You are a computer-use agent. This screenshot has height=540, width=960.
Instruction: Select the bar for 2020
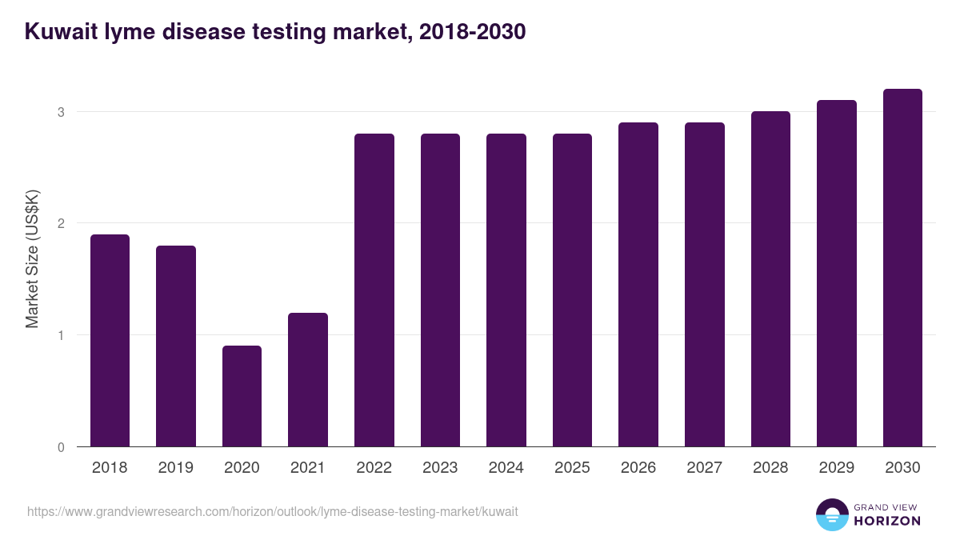(x=242, y=396)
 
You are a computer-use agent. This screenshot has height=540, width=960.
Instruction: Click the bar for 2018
(x=110, y=340)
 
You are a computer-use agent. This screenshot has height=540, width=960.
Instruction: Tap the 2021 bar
(x=308, y=379)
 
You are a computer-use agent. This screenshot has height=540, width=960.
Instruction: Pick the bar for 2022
(x=374, y=290)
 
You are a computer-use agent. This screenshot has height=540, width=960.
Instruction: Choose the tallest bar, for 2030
(x=902, y=267)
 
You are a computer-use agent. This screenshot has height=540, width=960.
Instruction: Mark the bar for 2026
(x=638, y=284)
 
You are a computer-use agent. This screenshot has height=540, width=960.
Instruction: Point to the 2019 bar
(x=176, y=346)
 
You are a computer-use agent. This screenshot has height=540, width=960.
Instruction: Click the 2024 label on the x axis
(x=506, y=468)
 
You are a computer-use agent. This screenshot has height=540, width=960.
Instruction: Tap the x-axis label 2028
(x=770, y=468)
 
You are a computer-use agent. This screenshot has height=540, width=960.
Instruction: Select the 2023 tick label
(x=440, y=468)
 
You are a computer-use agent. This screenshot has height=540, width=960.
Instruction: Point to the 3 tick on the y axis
(x=61, y=112)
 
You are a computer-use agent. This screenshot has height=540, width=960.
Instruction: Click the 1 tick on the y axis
(x=61, y=335)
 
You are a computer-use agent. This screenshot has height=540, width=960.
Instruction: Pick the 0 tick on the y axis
(x=61, y=447)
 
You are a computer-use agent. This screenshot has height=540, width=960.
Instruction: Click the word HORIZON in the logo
(x=887, y=521)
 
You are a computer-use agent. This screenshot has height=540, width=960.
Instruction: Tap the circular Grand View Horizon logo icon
(x=831, y=514)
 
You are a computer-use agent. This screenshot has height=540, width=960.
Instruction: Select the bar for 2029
(x=837, y=273)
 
